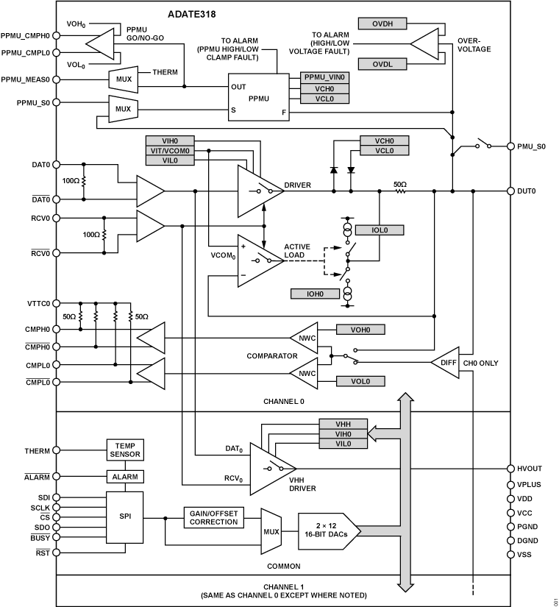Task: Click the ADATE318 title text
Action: pos(191,14)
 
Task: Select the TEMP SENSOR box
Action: pos(124,450)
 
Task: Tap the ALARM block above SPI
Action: pos(124,477)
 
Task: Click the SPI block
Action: pos(124,515)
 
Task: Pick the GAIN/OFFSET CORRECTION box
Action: pos(213,517)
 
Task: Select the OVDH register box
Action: pos(382,24)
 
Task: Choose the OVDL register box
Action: pos(382,65)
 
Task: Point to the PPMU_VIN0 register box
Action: pos(324,77)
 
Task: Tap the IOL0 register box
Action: pos(379,230)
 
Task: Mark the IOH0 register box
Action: pos(314,294)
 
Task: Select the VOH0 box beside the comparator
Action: pos(360,330)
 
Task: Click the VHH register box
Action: pos(343,424)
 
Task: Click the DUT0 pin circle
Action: pos(510,191)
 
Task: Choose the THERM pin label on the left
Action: pos(37,450)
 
